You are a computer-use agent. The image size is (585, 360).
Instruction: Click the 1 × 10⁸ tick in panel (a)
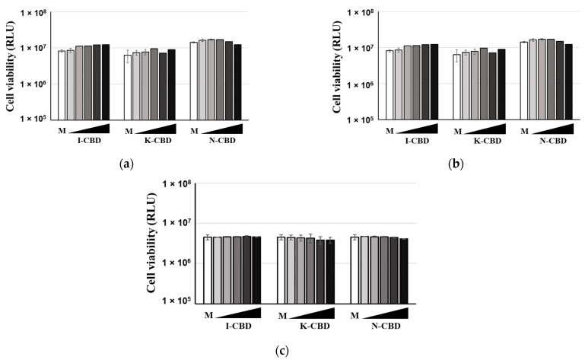pos(37,12)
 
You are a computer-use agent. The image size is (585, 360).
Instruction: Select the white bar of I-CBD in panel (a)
pos(62,84)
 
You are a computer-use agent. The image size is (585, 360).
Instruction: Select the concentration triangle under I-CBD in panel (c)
pos(239,313)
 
